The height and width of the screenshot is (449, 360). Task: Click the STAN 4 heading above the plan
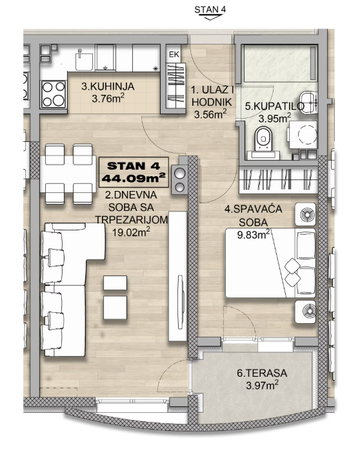(x=210, y=10)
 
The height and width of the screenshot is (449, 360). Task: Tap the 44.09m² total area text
(x=134, y=179)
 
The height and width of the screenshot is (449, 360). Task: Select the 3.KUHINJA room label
(x=108, y=86)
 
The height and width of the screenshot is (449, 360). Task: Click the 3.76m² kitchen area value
(x=108, y=98)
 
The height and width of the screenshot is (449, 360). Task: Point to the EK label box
(x=174, y=54)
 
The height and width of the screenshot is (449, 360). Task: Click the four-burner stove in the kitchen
(x=54, y=94)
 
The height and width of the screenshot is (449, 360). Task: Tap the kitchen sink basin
(x=85, y=61)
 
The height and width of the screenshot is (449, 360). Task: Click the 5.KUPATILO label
(x=275, y=106)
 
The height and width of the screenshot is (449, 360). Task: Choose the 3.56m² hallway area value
(x=210, y=114)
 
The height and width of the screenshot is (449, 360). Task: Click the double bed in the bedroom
(x=270, y=263)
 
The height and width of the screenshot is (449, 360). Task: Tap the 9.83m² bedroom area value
(x=254, y=235)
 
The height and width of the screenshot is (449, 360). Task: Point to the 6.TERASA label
(x=262, y=373)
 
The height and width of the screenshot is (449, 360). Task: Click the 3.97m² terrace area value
(x=262, y=385)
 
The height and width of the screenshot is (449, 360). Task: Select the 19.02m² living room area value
(x=131, y=232)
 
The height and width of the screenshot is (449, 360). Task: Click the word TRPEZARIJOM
(x=132, y=219)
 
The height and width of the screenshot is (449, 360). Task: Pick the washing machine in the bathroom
(x=303, y=135)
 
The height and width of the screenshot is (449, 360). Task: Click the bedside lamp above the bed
(x=306, y=214)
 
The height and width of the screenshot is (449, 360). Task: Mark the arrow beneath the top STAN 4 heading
(x=210, y=17)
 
